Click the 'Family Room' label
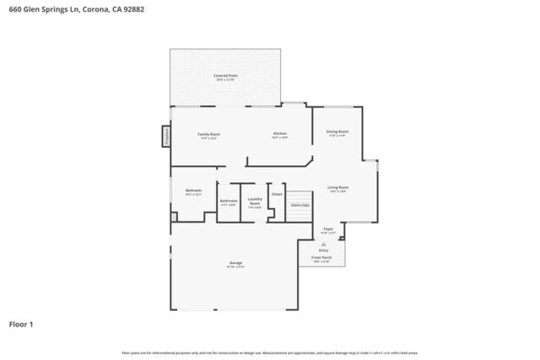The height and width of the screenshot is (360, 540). [x=208, y=135]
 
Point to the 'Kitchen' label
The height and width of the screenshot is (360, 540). [x=280, y=135]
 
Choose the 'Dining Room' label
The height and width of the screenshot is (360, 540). [x=337, y=132]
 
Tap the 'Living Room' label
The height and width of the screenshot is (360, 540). [x=338, y=188]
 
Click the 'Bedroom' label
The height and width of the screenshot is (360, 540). [x=193, y=191]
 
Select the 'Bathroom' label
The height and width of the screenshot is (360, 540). [x=229, y=201]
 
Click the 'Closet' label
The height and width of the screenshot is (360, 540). [x=277, y=194]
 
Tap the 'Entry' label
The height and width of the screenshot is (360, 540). [x=323, y=250]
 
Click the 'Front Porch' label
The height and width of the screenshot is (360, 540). [x=321, y=257]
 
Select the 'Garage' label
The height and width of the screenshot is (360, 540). [x=235, y=263]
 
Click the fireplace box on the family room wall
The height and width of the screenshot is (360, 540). [x=166, y=136]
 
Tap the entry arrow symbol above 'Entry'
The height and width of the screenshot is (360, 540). [x=323, y=243]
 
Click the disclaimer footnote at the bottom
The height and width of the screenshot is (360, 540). [x=269, y=352]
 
